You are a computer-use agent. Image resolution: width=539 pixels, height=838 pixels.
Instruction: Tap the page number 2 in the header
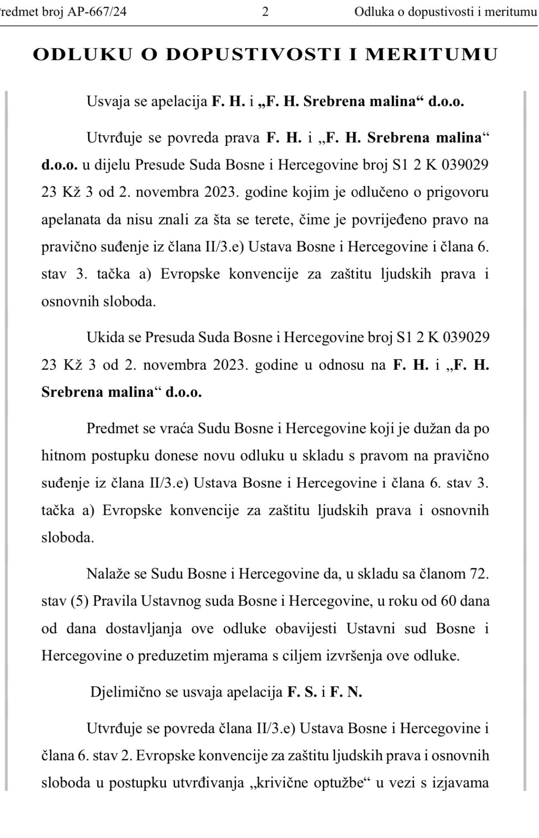265,12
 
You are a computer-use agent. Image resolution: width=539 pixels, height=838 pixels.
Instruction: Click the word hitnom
62,456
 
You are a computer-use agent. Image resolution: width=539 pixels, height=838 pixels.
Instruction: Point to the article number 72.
478,574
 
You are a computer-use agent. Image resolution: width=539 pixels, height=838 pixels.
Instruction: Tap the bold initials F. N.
346,692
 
